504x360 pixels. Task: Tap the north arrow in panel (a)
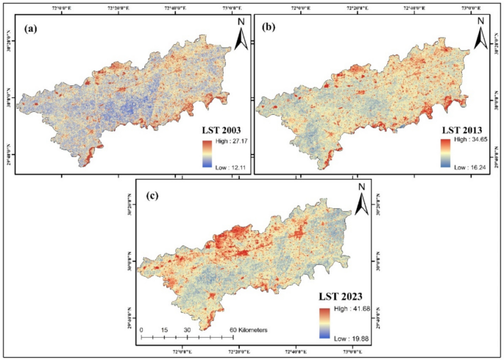(x=240, y=33)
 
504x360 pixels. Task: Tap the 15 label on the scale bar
(x=166, y=330)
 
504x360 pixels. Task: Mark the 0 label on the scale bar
(x=141, y=330)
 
